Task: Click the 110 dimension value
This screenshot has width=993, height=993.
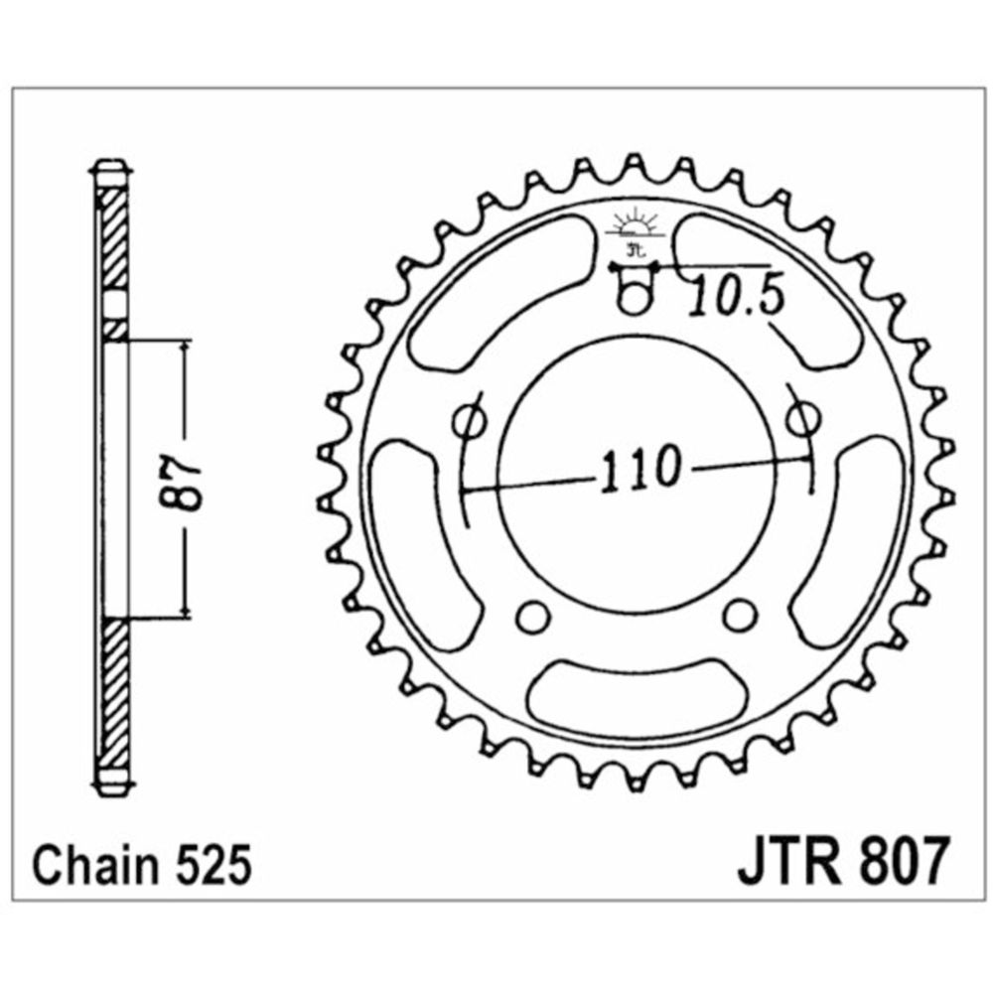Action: [640, 470]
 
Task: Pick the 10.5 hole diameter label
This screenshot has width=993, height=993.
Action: [737, 295]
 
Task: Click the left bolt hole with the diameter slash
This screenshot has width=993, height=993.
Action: [470, 420]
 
